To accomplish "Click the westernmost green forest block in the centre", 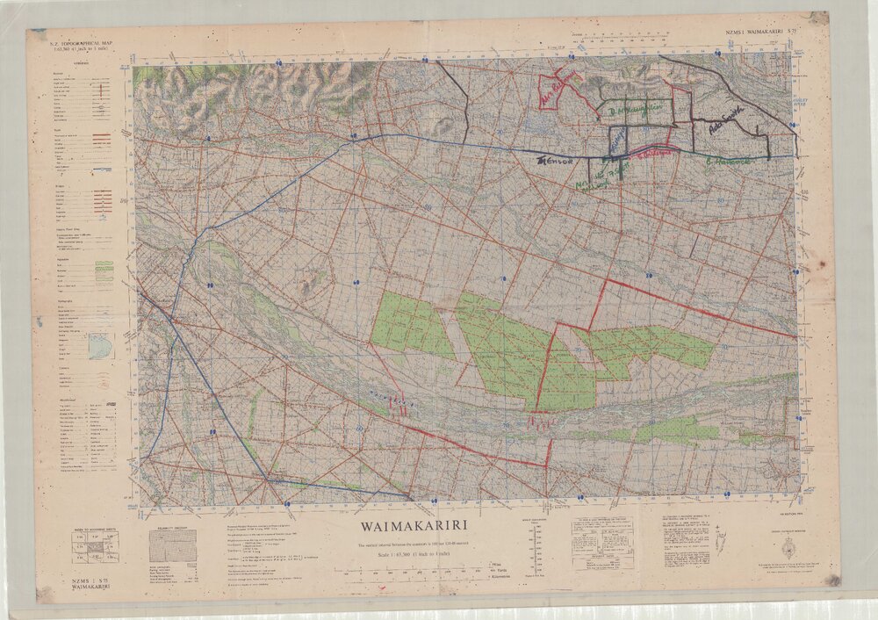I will [411, 325].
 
